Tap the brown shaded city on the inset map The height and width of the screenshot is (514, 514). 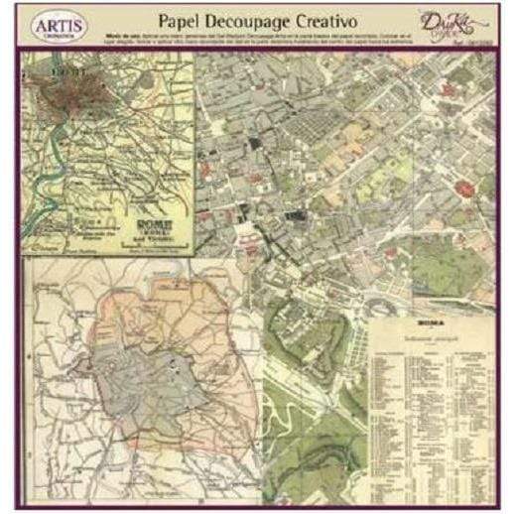pos(59,88)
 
